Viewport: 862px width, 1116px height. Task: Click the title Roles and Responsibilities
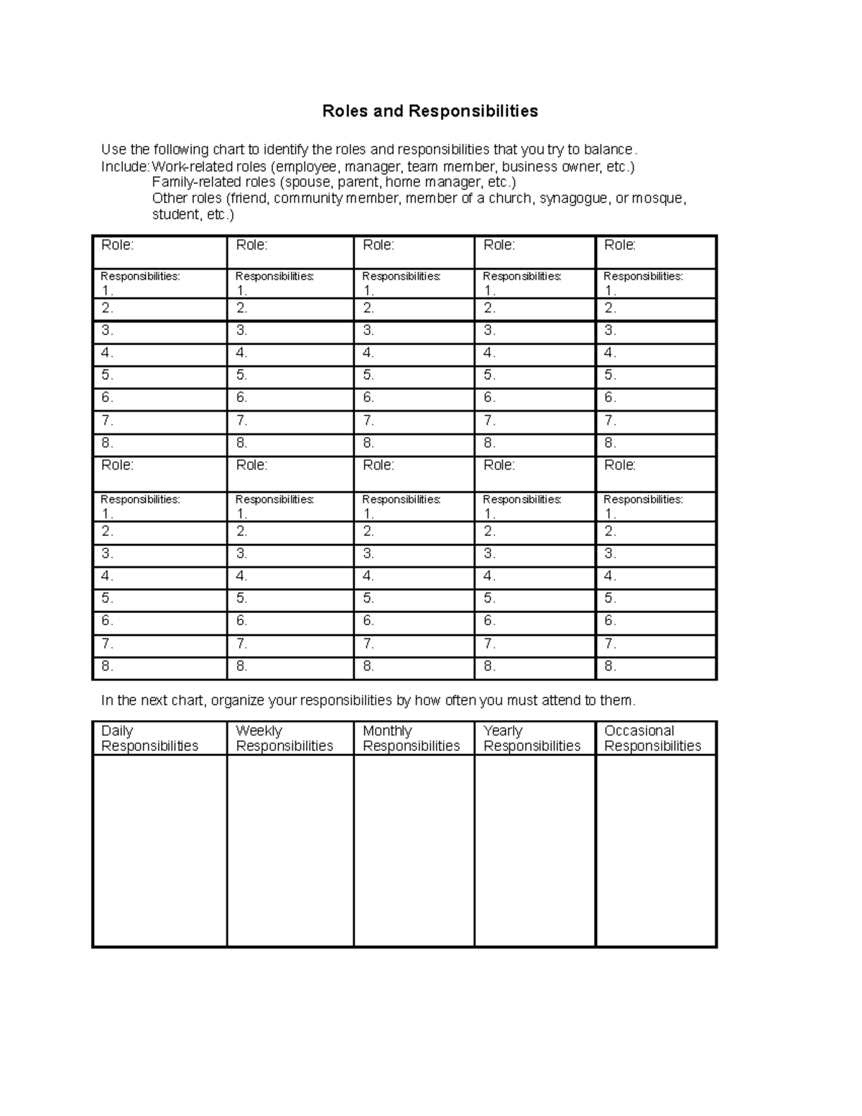pyautogui.click(x=430, y=111)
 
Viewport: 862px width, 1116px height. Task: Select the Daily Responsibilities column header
pyautogui.click(x=149, y=738)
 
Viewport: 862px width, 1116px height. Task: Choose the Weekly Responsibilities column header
pyautogui.click(x=284, y=738)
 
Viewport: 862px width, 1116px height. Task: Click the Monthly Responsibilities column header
pyautogui.click(x=411, y=738)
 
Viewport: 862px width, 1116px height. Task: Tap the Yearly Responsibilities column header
pyautogui.click(x=532, y=738)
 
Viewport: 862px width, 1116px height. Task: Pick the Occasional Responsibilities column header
pyautogui.click(x=652, y=738)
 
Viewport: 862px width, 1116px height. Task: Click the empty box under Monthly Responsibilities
pyautogui.click(x=414, y=850)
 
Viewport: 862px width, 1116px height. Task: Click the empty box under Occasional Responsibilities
pyautogui.click(x=656, y=850)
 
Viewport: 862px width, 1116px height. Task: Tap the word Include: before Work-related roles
pyautogui.click(x=125, y=167)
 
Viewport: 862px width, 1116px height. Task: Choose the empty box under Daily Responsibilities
pyautogui.click(x=159, y=850)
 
